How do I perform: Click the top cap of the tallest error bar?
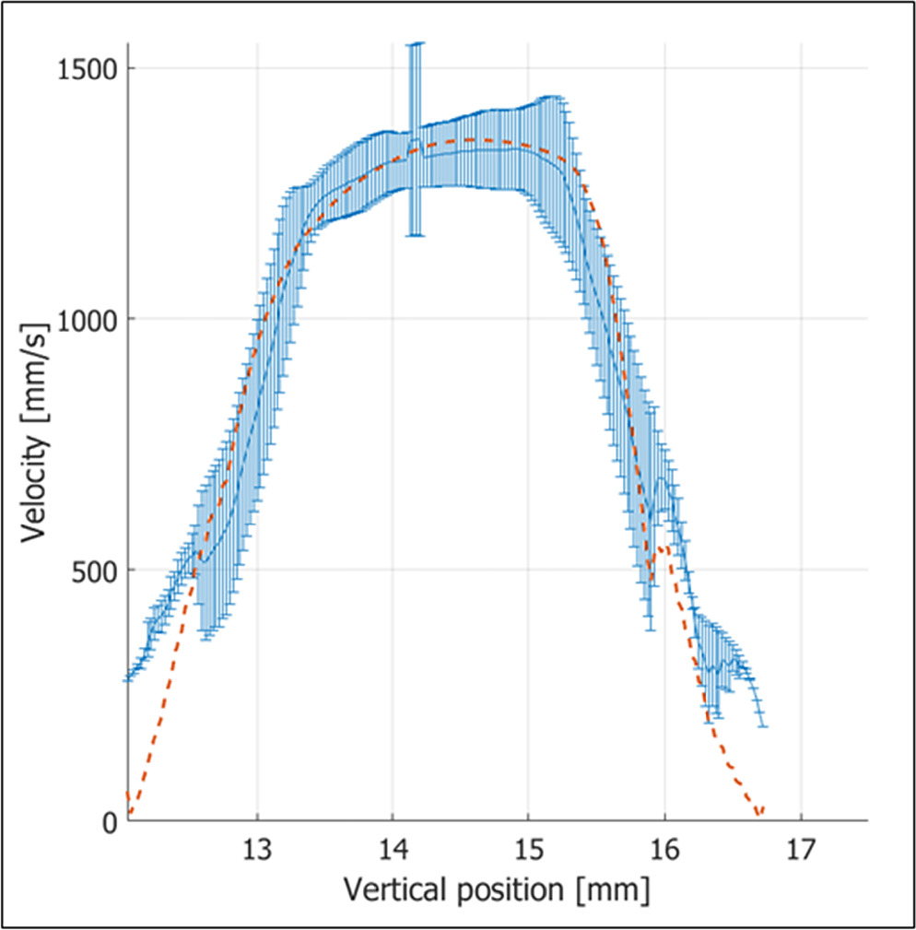(417, 43)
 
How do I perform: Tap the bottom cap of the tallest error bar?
(417, 236)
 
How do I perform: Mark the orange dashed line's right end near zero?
(758, 815)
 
